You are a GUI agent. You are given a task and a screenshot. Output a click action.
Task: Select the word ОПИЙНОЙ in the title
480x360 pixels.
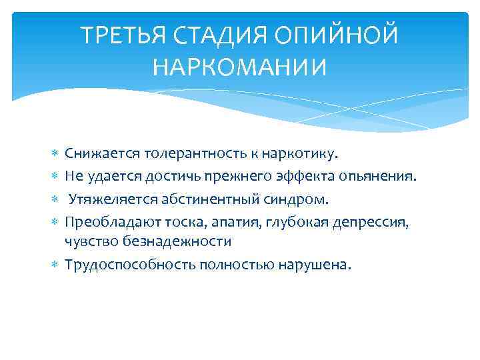[337, 35]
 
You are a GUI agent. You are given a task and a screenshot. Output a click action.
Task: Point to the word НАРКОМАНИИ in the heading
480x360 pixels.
[240, 67]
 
